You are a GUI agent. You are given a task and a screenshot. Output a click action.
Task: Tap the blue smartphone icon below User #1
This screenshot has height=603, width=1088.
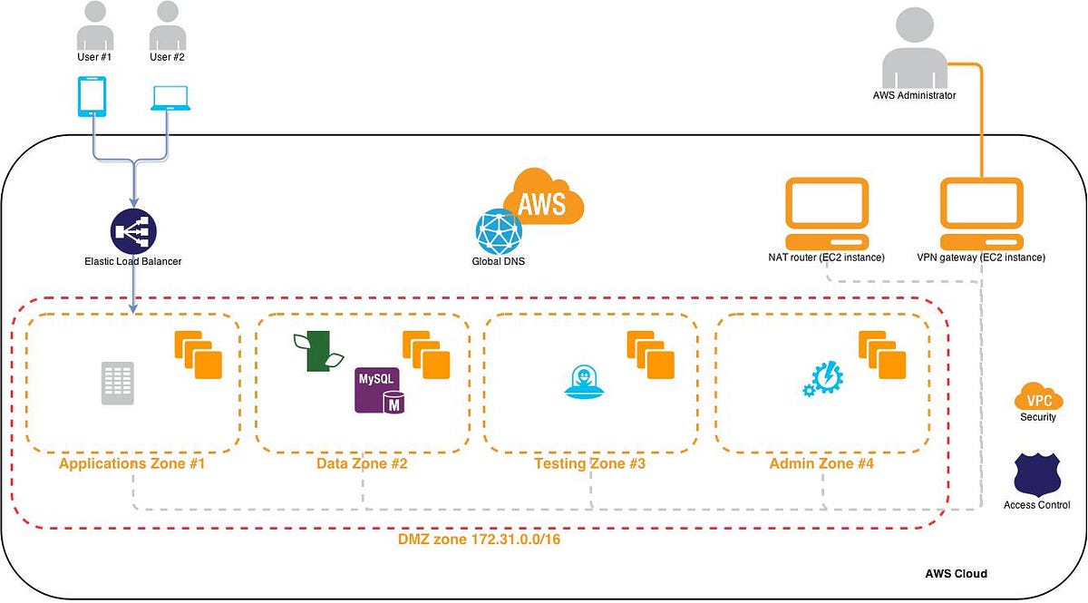(92, 97)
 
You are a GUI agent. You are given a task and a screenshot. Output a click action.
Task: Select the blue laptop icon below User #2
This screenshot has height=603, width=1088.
(170, 99)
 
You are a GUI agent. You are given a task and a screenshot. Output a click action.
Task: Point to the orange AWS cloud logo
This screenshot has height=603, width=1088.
(542, 197)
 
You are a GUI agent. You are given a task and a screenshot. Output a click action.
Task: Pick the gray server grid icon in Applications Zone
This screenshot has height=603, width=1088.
(118, 384)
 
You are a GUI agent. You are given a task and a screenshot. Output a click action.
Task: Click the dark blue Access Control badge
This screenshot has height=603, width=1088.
(1037, 473)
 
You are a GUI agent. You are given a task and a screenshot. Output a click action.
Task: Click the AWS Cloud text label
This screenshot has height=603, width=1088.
(956, 574)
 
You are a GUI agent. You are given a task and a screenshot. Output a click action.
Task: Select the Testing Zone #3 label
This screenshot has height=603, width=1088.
(589, 464)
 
